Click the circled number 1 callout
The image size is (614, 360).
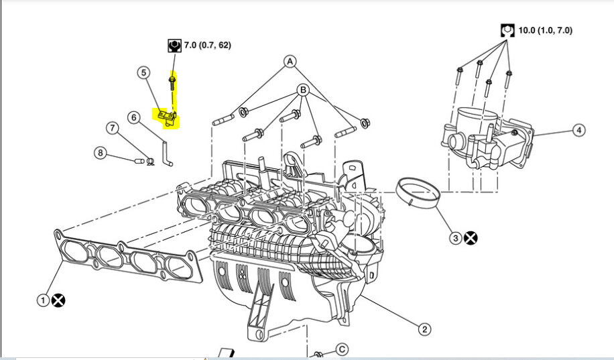42,300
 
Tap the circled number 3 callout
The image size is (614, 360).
455,237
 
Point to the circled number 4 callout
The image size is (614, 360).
578,131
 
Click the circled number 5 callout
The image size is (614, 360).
143,72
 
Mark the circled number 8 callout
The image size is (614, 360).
100,153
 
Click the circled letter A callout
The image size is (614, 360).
290,62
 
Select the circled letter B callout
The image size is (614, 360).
303,90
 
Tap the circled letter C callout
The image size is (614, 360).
341,349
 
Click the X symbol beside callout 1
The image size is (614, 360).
59,300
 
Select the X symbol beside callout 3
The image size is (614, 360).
471,237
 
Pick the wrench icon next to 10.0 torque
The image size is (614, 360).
507,30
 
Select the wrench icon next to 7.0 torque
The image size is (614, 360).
174,46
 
